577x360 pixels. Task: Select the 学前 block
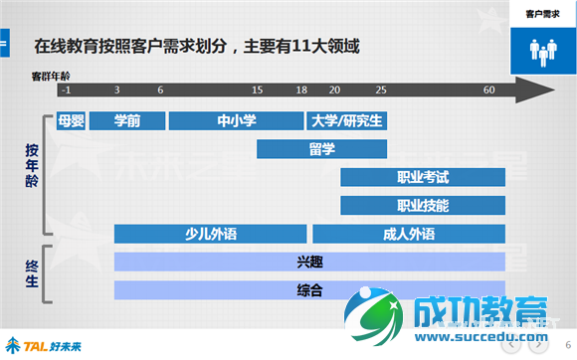tap(126, 121)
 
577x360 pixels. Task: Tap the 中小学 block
tap(236, 121)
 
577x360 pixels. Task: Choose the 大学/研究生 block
tap(347, 121)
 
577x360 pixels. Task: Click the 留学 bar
tap(321, 149)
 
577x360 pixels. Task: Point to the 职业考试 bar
tap(423, 178)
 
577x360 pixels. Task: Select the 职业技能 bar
tap(423, 206)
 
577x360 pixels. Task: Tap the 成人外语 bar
tap(409, 235)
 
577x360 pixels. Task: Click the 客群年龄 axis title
tap(51, 76)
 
